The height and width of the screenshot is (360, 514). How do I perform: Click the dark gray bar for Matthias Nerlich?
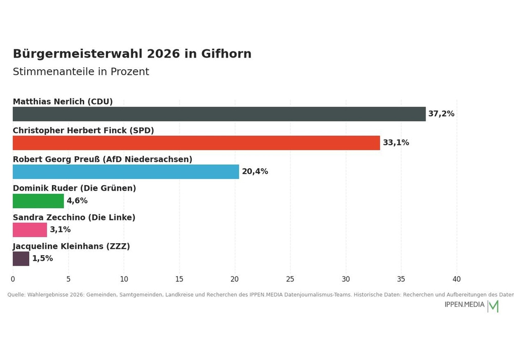[219, 114]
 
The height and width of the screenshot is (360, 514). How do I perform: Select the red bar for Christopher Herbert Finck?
[196, 143]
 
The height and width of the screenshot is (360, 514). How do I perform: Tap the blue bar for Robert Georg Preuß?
[126, 172]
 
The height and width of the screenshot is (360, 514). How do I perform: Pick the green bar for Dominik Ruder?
[39, 201]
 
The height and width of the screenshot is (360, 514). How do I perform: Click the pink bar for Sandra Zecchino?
[30, 230]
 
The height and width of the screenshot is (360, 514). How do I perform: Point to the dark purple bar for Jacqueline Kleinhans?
[21, 259]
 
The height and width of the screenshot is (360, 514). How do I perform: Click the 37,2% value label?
[441, 114]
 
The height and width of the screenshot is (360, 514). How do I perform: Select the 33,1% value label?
[396, 142]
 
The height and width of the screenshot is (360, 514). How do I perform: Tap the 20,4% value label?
[255, 171]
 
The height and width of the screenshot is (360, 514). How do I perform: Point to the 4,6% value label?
[77, 201]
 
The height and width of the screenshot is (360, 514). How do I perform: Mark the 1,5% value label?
[43, 258]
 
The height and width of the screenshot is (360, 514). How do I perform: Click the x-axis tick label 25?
[290, 279]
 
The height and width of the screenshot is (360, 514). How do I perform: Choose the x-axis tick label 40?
[456, 279]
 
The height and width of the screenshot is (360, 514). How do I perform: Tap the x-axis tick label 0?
[13, 279]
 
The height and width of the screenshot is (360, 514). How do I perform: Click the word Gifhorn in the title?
[226, 54]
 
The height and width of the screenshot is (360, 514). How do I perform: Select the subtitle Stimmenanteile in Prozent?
[81, 71]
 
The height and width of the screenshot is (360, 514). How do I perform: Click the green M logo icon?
[493, 306]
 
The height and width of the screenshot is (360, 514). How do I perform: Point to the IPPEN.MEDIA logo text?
[465, 304]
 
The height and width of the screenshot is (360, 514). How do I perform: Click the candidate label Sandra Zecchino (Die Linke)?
[74, 218]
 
